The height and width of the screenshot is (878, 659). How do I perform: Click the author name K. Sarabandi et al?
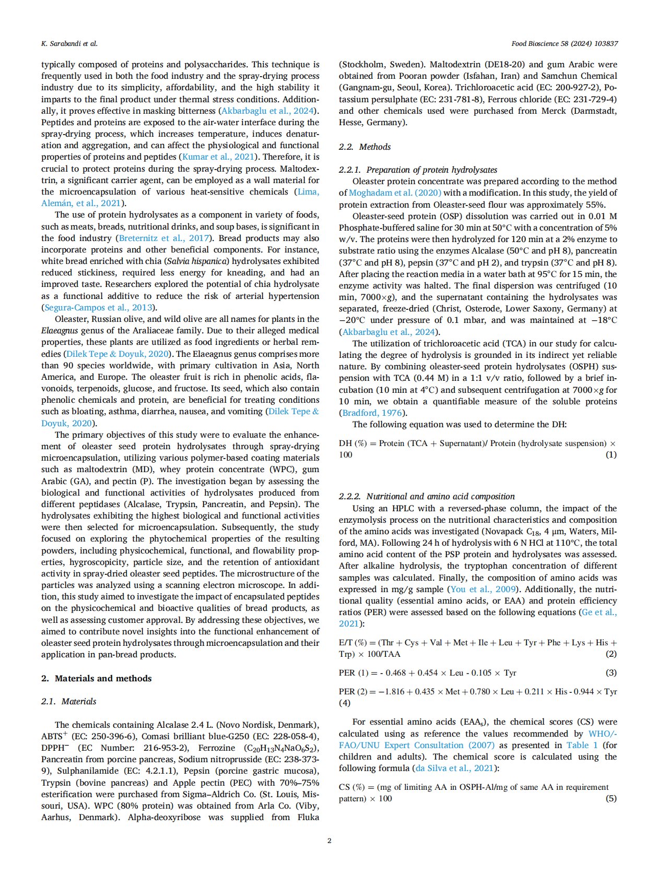click(69, 43)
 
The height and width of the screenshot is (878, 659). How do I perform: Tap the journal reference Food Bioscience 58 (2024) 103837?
click(564, 43)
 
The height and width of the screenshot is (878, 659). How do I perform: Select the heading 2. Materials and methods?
click(97, 678)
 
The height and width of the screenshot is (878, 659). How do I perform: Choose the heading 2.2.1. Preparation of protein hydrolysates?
click(418, 170)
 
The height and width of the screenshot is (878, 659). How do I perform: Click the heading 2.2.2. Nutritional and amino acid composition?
click(427, 496)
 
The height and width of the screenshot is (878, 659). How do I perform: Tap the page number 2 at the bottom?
click(329, 840)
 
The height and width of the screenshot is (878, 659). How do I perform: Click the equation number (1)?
click(610, 454)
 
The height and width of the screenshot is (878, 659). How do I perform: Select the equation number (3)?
click(610, 672)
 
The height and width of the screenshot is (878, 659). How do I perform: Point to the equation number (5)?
click(610, 798)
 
